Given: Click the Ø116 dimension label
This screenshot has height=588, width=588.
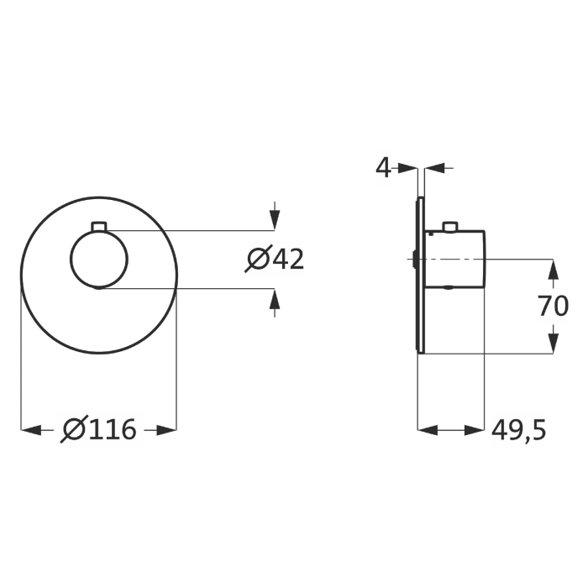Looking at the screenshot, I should [98, 430].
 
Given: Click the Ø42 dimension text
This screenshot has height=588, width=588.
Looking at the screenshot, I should [274, 260].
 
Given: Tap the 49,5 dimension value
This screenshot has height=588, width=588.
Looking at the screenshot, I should [518, 430].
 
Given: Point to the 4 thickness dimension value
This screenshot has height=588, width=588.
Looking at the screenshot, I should [383, 168].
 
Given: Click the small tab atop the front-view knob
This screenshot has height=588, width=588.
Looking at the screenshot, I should [98, 227].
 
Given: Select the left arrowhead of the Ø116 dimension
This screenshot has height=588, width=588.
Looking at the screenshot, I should [30, 430].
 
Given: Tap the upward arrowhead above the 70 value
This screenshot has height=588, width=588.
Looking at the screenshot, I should [554, 270].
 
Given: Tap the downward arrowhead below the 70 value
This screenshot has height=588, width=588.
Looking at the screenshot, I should [554, 343].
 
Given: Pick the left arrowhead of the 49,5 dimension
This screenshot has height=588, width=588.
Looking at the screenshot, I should [428, 430].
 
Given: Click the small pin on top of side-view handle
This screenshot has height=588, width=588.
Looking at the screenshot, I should [451, 226].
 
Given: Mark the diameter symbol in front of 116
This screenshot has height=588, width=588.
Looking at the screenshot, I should [72, 430].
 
